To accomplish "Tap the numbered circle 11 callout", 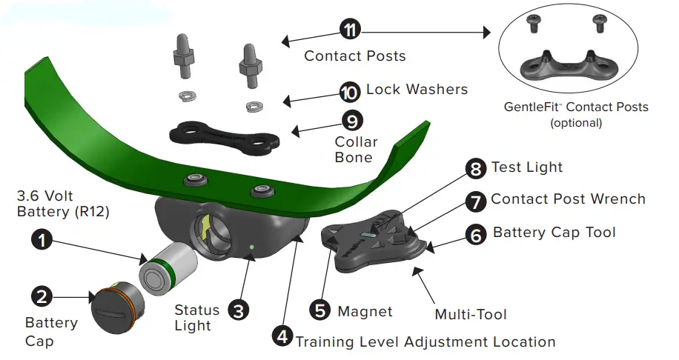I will point(350,30).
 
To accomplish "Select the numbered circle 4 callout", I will point(282,336).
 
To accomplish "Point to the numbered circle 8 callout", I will point(475,169).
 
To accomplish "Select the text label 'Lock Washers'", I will point(417,90).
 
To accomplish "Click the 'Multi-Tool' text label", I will point(471,315).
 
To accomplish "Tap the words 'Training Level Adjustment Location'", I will point(425,341).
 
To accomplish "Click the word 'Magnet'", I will point(365,311).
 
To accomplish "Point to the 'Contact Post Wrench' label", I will point(568,199).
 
